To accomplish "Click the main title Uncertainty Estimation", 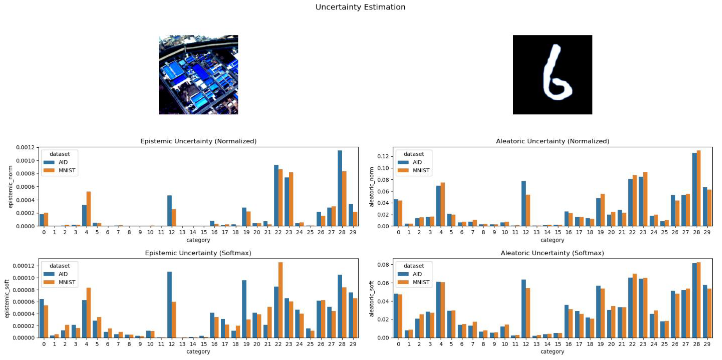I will pos(360,7).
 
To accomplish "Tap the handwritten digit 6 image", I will pos(552,75).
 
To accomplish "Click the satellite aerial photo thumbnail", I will pos(198,75).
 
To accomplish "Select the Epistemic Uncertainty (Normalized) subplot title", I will pos(198,141).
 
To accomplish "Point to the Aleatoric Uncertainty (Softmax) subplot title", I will pos(552,253).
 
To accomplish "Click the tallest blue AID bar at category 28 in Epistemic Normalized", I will pos(340,188).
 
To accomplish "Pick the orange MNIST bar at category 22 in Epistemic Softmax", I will pos(280,300).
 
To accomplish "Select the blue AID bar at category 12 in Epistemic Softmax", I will pos(169,305).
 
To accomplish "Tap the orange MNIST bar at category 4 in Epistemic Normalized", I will pos(89,209).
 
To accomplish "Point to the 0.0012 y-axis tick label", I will pos(25,147).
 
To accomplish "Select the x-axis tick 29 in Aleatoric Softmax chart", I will pos(707,344).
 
